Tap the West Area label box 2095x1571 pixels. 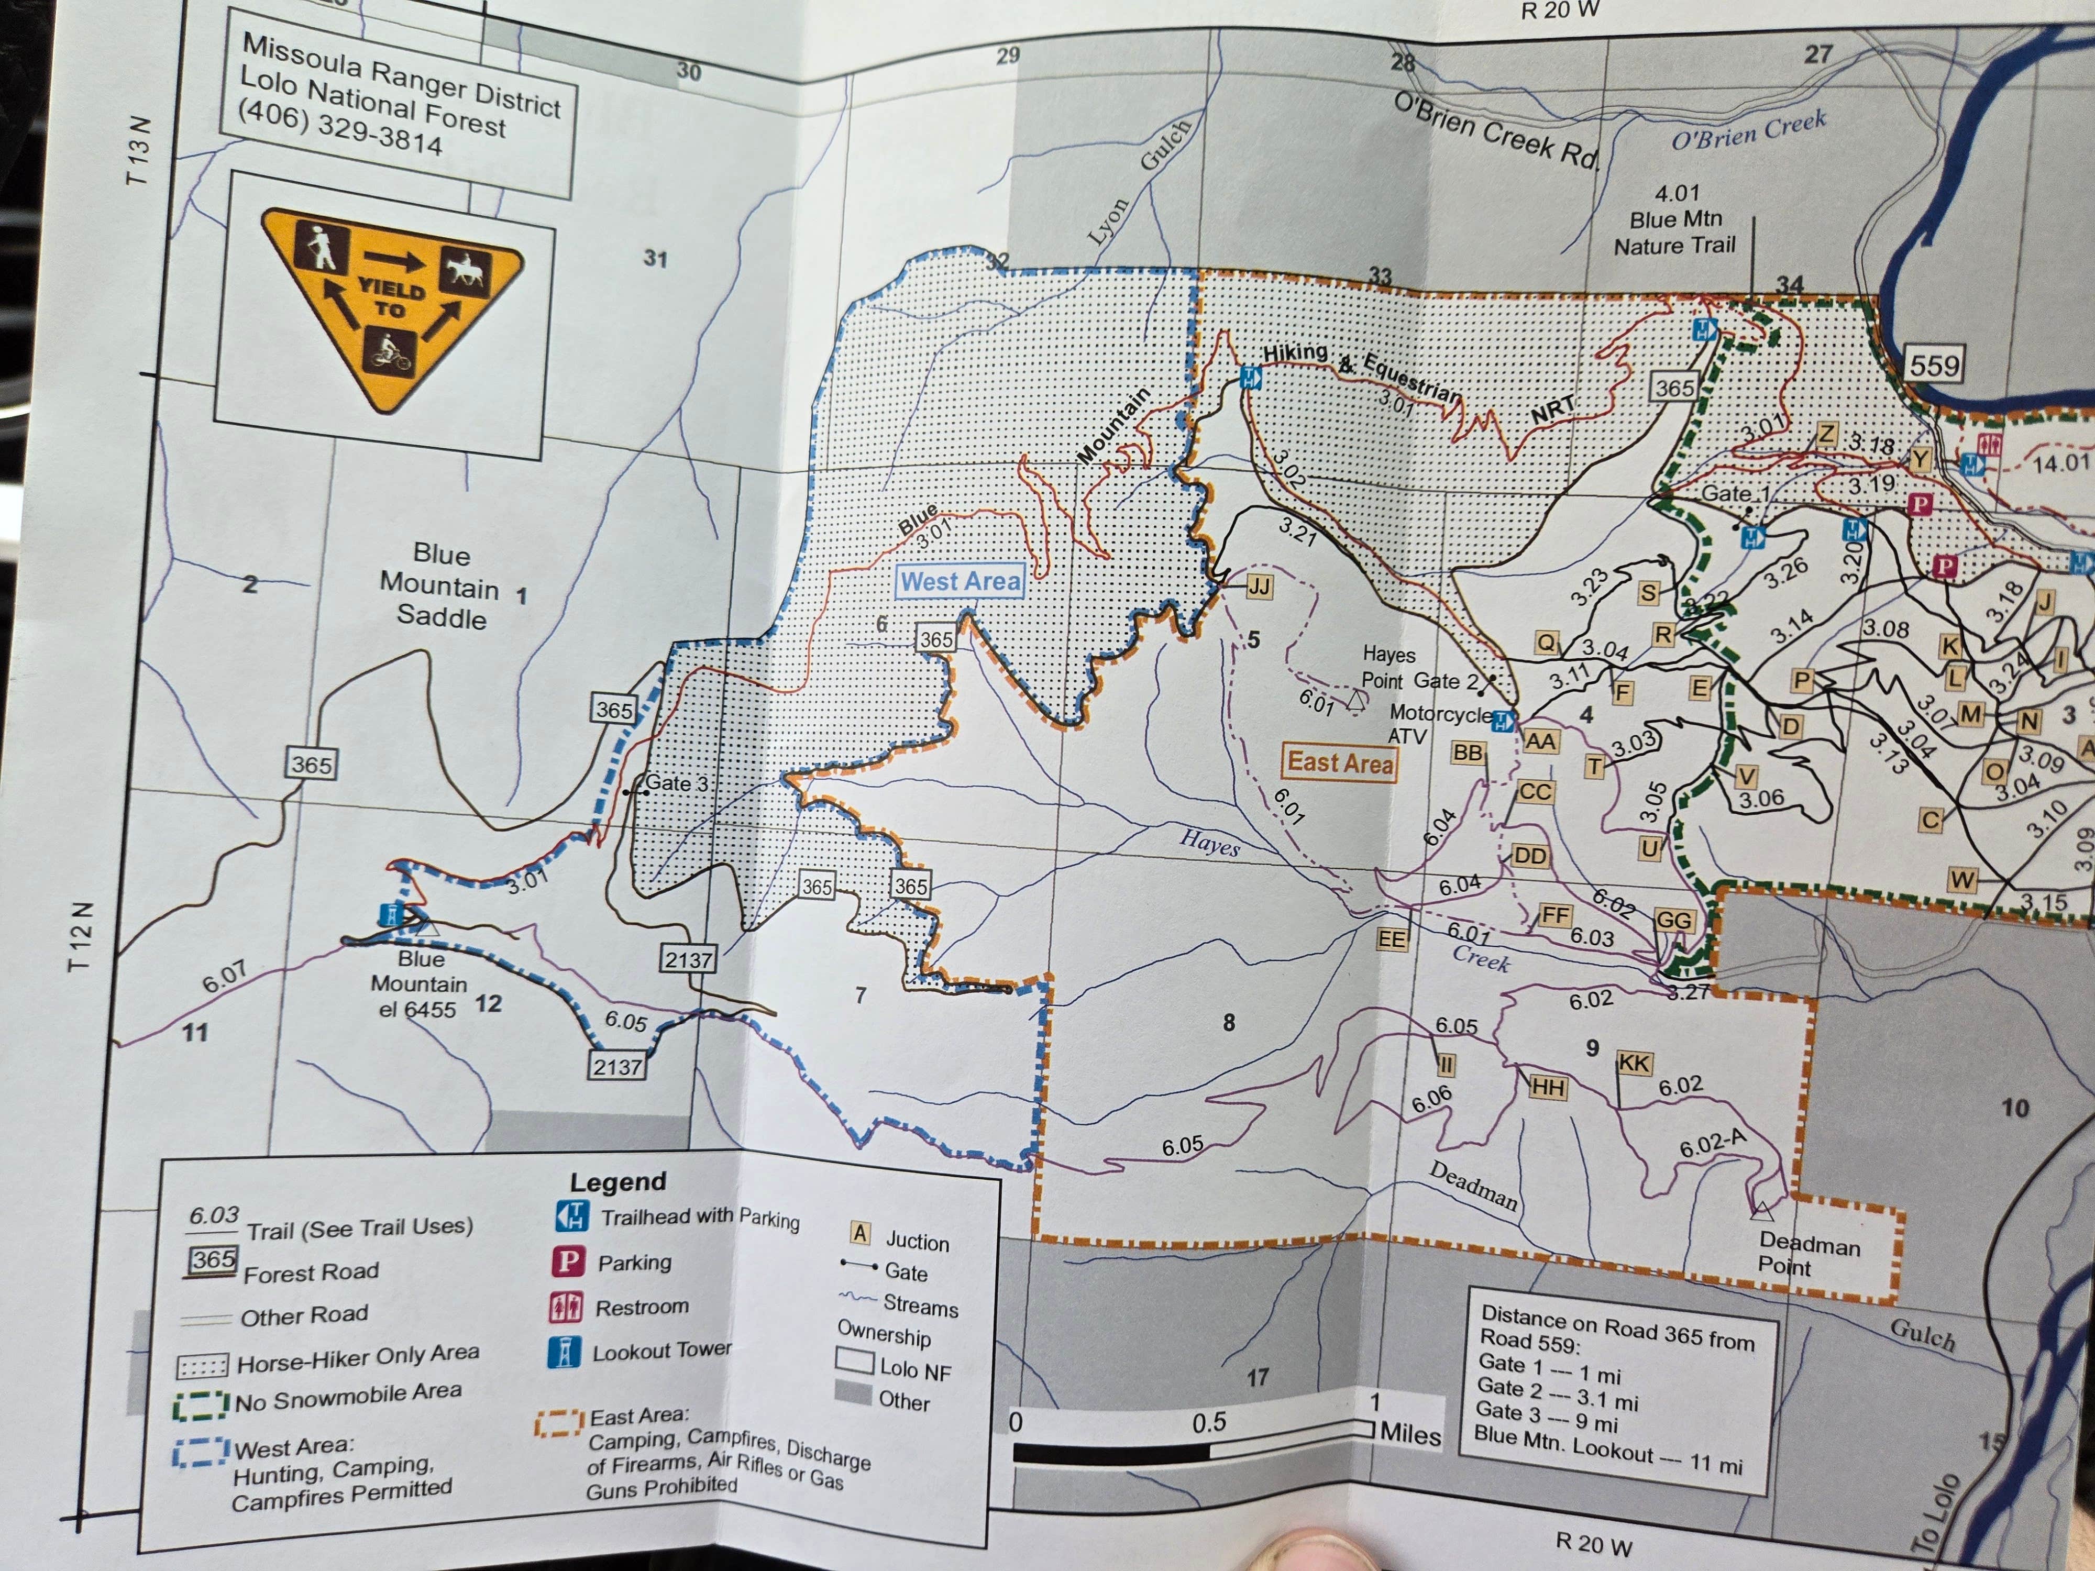961,581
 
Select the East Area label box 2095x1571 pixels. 1339,762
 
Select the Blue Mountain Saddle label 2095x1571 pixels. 442,586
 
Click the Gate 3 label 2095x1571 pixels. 676,783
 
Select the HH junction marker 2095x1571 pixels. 1548,1087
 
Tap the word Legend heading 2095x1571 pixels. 618,1182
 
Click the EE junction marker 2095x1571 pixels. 1391,938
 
